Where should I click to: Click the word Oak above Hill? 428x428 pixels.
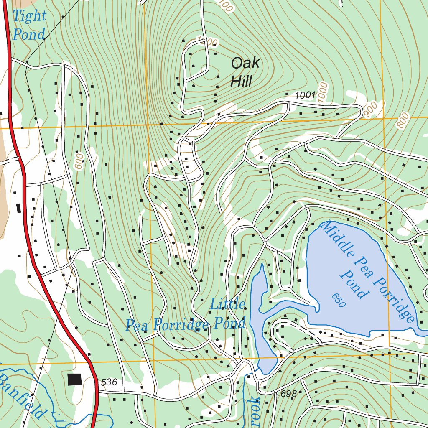(x=245, y=64)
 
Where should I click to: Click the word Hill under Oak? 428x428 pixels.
(x=241, y=81)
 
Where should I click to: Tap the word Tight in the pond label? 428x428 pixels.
(x=29, y=16)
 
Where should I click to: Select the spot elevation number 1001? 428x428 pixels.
(x=305, y=95)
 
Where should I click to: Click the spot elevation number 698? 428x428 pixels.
(x=289, y=394)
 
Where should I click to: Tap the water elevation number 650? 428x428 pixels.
(x=339, y=300)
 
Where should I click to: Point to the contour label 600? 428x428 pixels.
(x=79, y=161)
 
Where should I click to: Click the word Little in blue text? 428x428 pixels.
(x=227, y=304)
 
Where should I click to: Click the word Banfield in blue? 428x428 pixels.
(x=21, y=395)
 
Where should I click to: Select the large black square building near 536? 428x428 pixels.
(x=75, y=379)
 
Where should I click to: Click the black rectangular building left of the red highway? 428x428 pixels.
(x=18, y=208)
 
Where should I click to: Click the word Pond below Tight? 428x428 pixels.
(x=28, y=35)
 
